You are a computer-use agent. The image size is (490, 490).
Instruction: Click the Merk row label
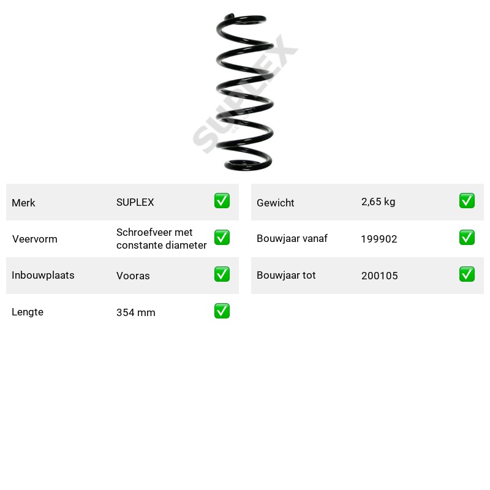[x=23, y=203]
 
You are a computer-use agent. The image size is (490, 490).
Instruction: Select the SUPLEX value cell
[x=135, y=202]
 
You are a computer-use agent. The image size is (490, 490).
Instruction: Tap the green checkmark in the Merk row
[x=222, y=201]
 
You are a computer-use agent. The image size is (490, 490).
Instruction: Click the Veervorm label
[x=35, y=239]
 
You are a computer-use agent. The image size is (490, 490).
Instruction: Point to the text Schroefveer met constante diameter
[x=161, y=239]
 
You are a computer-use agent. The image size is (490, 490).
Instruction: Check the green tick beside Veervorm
[x=222, y=238]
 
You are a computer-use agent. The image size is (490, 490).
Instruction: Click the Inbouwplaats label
[x=43, y=275]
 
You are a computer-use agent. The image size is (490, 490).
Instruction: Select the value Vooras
[x=133, y=276]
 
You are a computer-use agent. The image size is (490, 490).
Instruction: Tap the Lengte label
[x=28, y=312]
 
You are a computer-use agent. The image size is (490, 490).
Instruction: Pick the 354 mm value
[x=135, y=312]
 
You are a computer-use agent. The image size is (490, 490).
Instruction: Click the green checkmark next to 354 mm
[x=222, y=311]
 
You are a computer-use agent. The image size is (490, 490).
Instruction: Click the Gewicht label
[x=275, y=203]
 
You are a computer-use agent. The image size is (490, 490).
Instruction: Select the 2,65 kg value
[x=378, y=202]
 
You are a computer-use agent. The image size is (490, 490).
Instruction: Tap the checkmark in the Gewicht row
[x=467, y=201]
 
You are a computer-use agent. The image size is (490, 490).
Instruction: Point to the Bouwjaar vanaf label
[x=292, y=238]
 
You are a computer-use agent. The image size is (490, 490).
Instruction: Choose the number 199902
[x=379, y=239]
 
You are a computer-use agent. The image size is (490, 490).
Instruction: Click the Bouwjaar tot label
[x=286, y=275]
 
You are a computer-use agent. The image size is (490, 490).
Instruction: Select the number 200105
[x=379, y=276]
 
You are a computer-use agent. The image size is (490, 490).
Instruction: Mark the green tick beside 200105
[x=467, y=274]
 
